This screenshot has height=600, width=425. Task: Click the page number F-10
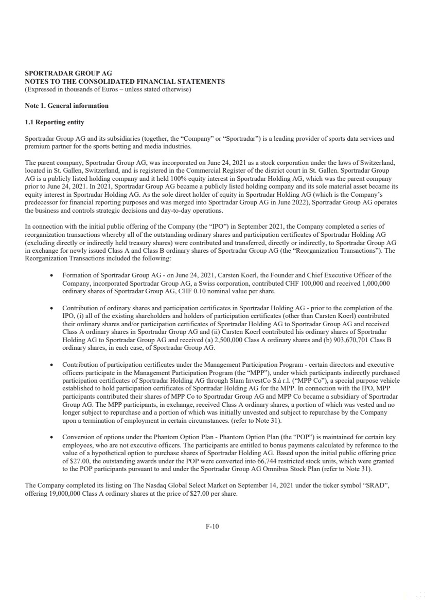213,526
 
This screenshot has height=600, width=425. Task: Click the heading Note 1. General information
67,106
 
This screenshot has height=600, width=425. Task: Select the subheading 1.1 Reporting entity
55,122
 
